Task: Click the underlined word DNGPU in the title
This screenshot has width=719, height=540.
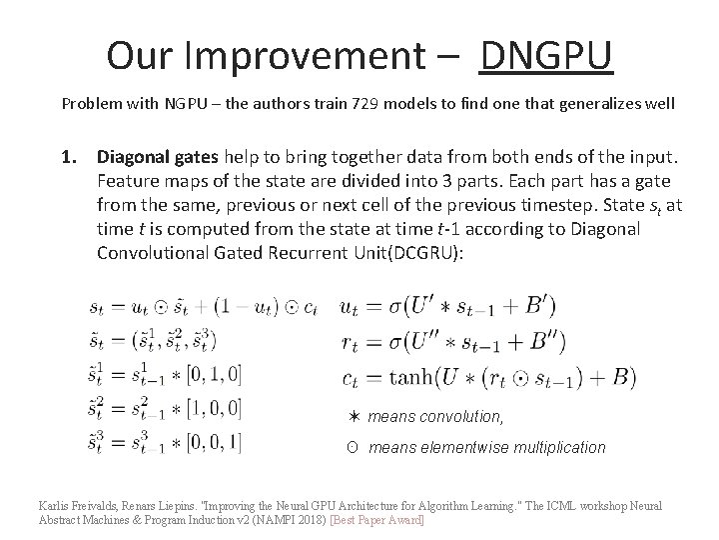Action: [x=545, y=56]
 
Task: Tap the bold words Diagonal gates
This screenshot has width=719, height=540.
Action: [x=159, y=158]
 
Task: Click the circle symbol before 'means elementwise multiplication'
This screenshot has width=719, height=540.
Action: [x=352, y=447]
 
